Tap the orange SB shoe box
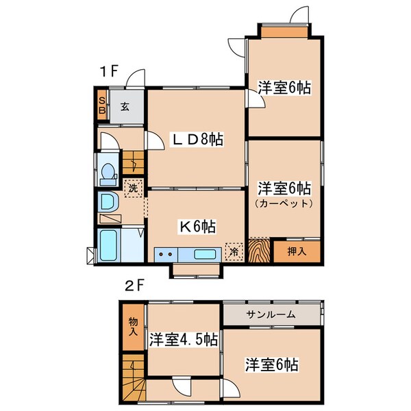point(101,104)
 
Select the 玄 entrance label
point(126,106)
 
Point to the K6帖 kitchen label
point(198,226)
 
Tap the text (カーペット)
point(284,203)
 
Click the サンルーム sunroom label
point(271,314)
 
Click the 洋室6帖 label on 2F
point(272,364)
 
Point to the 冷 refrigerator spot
point(234,251)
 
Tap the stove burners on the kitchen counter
point(166,254)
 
